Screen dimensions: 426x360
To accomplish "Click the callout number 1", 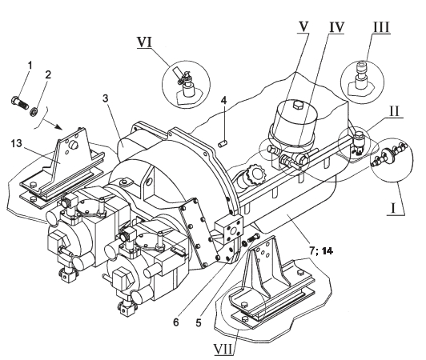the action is (x=30, y=66).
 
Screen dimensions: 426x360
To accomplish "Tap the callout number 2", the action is (x=48, y=74).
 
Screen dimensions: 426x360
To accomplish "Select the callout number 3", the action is (x=106, y=98).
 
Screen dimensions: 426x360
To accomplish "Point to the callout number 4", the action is (x=223, y=101).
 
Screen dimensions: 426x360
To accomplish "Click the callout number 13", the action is (x=17, y=143).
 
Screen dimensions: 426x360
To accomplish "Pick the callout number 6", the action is (x=176, y=322).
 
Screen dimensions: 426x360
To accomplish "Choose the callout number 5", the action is (x=199, y=323).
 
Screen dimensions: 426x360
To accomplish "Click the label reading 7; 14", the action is (x=321, y=251).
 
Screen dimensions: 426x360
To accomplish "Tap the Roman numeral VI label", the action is (x=144, y=42).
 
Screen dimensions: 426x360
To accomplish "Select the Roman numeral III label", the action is (x=381, y=28).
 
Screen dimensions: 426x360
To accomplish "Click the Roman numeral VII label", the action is (x=223, y=350).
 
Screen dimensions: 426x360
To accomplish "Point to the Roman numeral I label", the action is (x=393, y=209).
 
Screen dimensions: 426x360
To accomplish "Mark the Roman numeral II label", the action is (x=394, y=111).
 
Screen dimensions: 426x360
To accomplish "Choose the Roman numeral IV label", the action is (x=336, y=27).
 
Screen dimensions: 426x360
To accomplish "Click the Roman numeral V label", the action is (x=303, y=27).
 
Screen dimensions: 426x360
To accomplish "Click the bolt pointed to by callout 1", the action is (x=20, y=102).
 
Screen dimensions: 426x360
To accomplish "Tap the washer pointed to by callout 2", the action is (x=34, y=110).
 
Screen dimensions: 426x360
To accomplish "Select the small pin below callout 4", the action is (x=223, y=143).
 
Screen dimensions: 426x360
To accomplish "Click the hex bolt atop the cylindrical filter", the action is (x=298, y=105).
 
